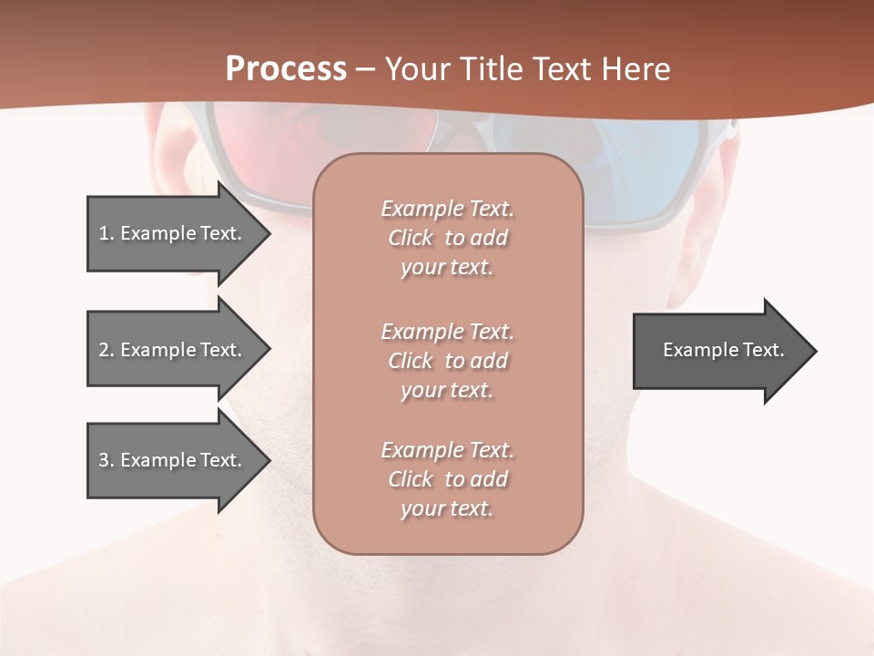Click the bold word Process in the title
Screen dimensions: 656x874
coord(286,69)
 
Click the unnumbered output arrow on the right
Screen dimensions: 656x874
coord(723,350)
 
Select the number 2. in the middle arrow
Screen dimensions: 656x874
coord(107,350)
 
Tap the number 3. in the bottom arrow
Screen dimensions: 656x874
coord(107,460)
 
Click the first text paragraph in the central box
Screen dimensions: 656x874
coord(447,238)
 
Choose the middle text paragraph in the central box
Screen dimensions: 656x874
coord(447,361)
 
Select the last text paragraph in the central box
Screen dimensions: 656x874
coord(447,479)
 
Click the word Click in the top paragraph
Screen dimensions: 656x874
coord(411,238)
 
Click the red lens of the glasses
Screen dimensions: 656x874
coord(273,146)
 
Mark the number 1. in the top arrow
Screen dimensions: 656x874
coord(106,233)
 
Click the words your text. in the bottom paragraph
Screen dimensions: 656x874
coord(447,508)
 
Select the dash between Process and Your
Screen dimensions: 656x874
coord(365,69)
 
